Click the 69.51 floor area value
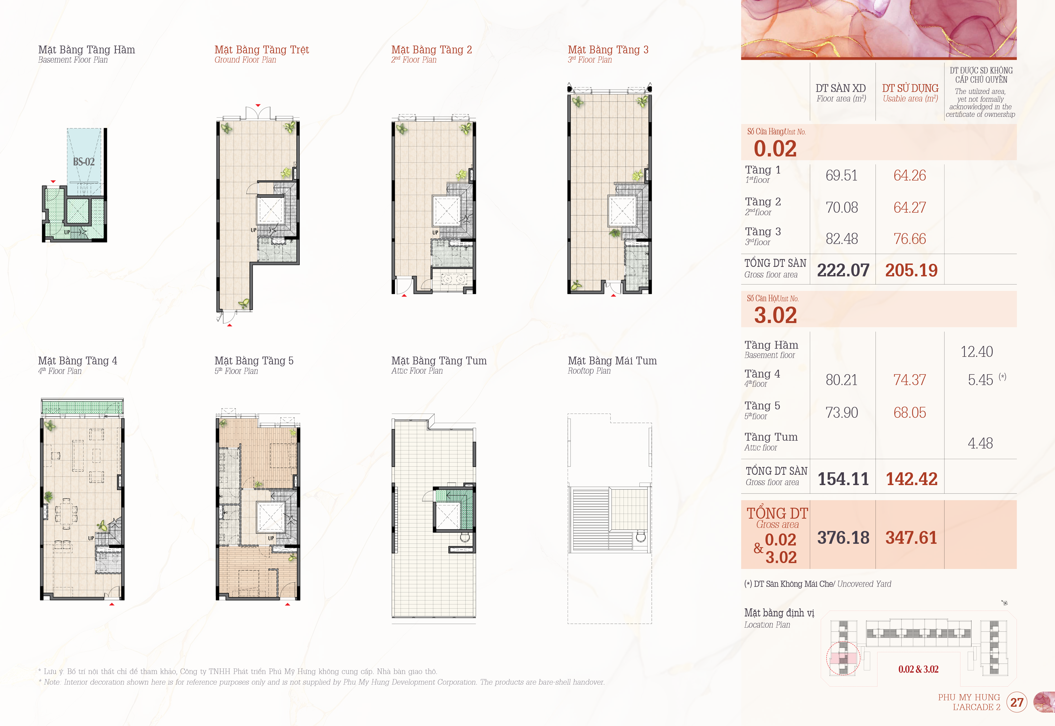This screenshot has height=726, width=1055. click(x=841, y=176)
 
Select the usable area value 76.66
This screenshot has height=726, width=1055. click(x=909, y=239)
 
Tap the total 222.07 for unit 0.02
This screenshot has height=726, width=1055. click(x=843, y=270)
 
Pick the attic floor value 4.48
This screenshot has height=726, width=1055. click(x=980, y=443)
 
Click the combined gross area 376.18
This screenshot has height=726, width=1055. click(x=843, y=538)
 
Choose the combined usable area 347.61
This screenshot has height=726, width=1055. click(x=911, y=538)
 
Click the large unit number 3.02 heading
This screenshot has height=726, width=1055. click(x=775, y=315)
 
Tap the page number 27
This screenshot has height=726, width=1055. click(x=1017, y=702)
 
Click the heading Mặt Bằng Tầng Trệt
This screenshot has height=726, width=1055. click(x=261, y=50)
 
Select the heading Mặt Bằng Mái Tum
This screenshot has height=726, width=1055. click(x=612, y=361)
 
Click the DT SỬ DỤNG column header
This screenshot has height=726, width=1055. click(x=910, y=88)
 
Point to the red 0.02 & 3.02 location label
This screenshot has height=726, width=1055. click(x=918, y=669)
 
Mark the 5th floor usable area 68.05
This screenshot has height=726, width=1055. click(x=909, y=413)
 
